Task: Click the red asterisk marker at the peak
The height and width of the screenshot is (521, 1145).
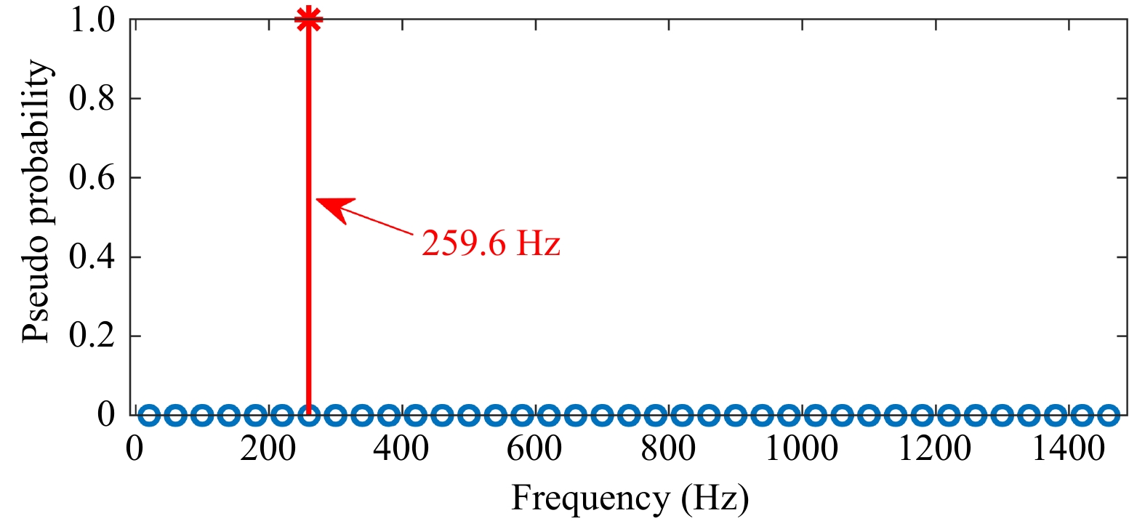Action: click(309, 20)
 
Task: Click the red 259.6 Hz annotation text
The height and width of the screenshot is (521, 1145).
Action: click(491, 243)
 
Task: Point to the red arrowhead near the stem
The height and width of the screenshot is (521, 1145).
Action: click(335, 209)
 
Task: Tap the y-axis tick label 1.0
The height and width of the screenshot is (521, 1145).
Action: click(92, 20)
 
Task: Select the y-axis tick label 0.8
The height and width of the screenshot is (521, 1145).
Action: click(92, 98)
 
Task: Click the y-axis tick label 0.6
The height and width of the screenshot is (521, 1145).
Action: click(92, 178)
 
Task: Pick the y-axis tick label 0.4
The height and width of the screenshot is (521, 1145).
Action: click(92, 257)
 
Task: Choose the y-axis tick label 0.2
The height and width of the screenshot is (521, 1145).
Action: click(92, 336)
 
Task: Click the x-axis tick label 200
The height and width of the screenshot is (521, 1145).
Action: click(268, 449)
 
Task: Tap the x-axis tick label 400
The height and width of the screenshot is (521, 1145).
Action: click(401, 449)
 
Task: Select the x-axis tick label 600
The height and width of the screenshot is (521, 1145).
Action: click(534, 449)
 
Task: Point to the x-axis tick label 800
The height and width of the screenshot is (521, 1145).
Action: click(668, 449)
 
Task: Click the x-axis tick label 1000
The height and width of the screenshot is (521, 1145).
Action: click(801, 449)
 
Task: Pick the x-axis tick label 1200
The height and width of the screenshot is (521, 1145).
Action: click(935, 449)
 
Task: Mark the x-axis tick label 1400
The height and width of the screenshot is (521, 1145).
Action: click(1069, 449)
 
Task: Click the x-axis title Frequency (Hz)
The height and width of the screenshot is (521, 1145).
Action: click(630, 498)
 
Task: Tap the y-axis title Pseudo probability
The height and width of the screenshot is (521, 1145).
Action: click(36, 201)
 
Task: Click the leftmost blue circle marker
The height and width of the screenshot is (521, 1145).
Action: click(149, 415)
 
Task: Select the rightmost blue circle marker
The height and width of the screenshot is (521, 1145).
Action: click(1108, 415)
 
